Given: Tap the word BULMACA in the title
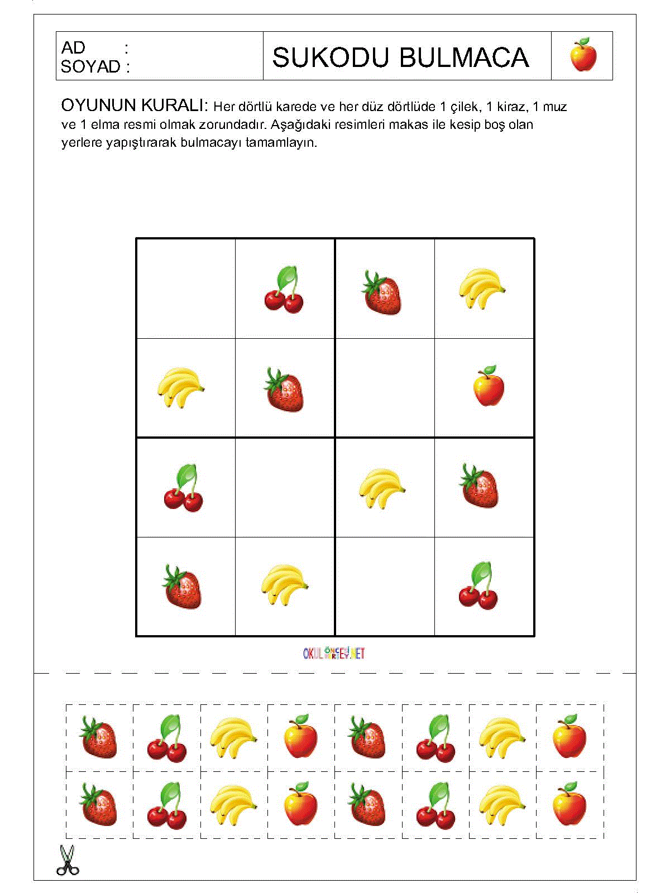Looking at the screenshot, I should [x=464, y=57].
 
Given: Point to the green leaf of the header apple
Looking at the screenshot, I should [x=583, y=42].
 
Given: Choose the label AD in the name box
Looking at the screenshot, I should [x=73, y=48].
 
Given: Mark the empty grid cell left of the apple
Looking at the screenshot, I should [x=385, y=388].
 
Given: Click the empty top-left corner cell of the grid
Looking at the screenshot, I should [x=186, y=289].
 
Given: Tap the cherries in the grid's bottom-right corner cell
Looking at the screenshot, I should [x=478, y=587].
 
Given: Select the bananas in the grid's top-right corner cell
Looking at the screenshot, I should [x=481, y=289].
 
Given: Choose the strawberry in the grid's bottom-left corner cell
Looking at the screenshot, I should [x=183, y=587].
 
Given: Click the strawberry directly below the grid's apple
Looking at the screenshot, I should [x=480, y=486].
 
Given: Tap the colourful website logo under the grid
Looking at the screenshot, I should [x=334, y=653].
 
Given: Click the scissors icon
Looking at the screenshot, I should [x=67, y=860].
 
